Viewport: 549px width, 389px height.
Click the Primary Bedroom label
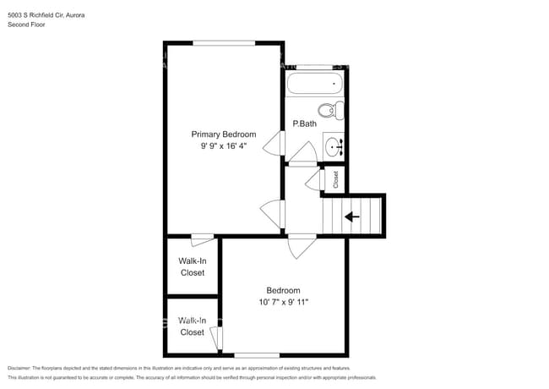(223, 134)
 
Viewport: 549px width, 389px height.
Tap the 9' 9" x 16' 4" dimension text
(223, 145)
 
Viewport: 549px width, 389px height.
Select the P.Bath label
(304, 124)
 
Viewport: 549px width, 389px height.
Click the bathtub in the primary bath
(314, 84)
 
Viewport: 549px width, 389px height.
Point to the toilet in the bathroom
(329, 109)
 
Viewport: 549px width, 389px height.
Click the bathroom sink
(334, 146)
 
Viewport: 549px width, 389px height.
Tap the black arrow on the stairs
(351, 216)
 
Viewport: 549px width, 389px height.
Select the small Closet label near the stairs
(335, 178)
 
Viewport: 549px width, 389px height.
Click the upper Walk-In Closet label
(192, 266)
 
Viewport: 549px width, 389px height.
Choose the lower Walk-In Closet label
(192, 326)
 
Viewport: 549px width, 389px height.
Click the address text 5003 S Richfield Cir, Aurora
(46, 15)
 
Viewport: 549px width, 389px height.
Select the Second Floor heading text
(26, 25)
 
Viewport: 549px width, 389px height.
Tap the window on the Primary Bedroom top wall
(224, 42)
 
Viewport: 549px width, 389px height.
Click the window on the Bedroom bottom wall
(257, 354)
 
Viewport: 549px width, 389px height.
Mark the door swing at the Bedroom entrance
(301, 246)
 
